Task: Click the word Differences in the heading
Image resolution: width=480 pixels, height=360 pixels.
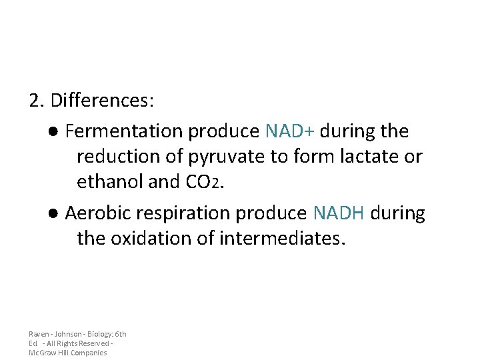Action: pos(101,101)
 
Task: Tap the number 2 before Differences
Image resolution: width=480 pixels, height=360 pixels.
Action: pos(35,101)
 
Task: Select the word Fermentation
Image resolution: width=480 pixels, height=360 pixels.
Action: pos(125,131)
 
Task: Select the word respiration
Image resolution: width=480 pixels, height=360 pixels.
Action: pos(171,213)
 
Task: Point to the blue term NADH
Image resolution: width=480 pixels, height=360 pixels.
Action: pos(339,213)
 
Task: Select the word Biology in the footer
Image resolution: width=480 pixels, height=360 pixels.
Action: pos(100,334)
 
